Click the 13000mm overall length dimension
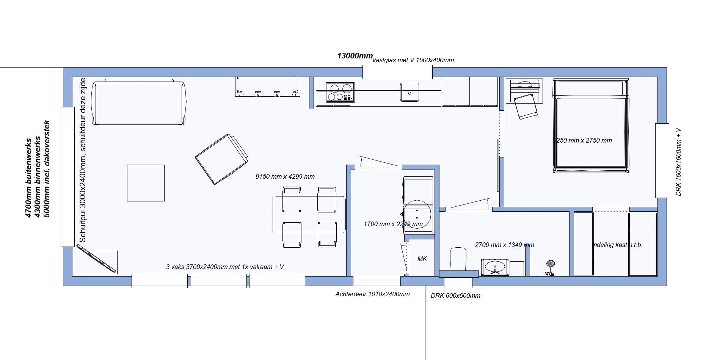coord(355,56)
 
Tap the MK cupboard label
coord(422,259)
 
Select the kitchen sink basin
coord(409,92)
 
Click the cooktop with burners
coord(340,93)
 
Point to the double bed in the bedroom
coord(591,126)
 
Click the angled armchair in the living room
coord(221,159)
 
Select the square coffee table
coord(146,183)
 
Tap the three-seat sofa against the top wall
coord(140,102)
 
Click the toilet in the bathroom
coord(458,259)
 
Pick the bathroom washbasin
coord(495,267)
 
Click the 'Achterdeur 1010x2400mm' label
coord(372,294)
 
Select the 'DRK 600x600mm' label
coord(455,296)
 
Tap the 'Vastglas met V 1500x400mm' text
coord(413,60)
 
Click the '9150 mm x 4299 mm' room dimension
coord(285,176)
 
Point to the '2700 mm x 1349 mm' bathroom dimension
coord(505,245)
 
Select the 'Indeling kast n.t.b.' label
coord(617,245)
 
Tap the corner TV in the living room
coord(96,259)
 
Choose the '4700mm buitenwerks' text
coord(28,178)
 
